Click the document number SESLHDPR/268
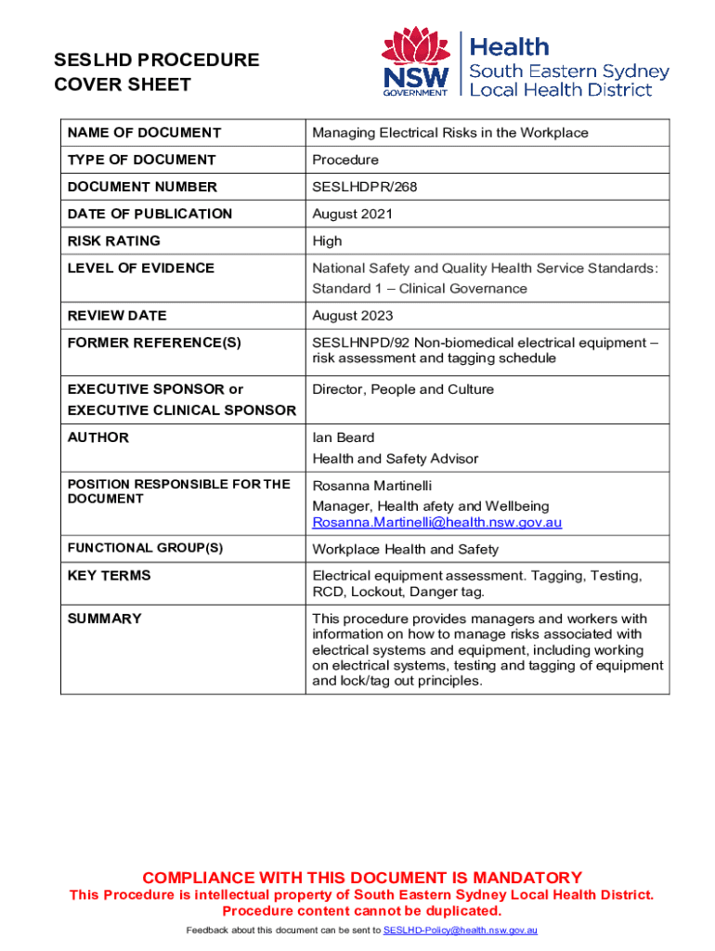click(x=364, y=187)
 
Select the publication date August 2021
click(x=352, y=214)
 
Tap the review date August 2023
click(x=352, y=315)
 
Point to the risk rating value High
click(x=329, y=241)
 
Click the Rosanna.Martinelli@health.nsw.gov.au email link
click(x=436, y=523)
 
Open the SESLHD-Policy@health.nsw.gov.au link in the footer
click(x=461, y=930)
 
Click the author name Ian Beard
click(x=343, y=437)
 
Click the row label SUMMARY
click(x=104, y=619)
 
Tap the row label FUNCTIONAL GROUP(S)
click(x=145, y=548)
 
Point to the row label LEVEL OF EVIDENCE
click(x=140, y=267)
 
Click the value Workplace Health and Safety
click(x=405, y=549)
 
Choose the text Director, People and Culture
click(x=403, y=389)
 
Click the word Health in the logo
click(x=510, y=46)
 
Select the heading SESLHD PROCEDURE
click(x=156, y=60)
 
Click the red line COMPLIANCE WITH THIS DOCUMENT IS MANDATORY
click(x=361, y=878)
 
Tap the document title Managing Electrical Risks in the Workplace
click(x=450, y=133)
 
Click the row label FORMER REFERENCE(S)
click(x=154, y=342)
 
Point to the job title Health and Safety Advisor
click(x=396, y=458)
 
